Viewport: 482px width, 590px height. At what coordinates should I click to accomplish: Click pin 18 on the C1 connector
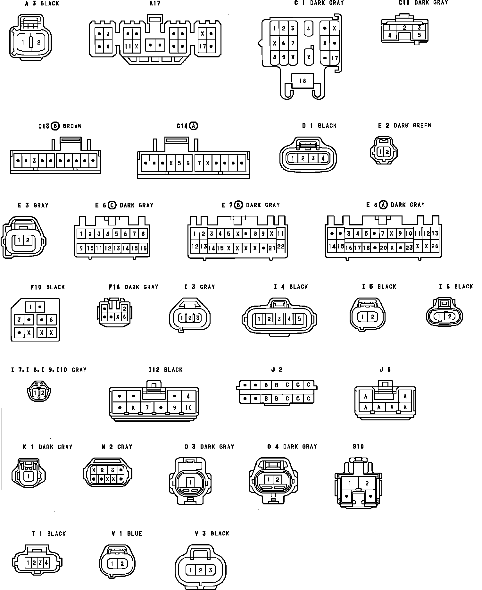[x=303, y=81]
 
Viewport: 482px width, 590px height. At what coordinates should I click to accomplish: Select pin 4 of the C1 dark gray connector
[x=308, y=29]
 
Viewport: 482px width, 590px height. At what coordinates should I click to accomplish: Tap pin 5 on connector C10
[x=419, y=35]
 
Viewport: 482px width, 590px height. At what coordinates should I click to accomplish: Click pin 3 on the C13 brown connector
[x=34, y=161]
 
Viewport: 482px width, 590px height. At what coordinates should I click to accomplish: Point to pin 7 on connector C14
[x=199, y=163]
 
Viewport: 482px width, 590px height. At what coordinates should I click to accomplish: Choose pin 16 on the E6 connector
[x=143, y=248]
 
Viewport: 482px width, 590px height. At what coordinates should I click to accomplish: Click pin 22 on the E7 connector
[x=280, y=247]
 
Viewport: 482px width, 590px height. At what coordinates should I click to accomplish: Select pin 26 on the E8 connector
[x=435, y=246]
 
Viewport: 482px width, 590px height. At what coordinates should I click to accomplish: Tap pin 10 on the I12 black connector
[x=188, y=408]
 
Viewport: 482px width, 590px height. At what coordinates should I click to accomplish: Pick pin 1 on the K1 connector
[x=29, y=476]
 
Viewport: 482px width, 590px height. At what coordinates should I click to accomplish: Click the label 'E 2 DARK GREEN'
[x=405, y=125]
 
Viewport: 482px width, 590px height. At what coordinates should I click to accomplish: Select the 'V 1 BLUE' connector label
[x=127, y=534]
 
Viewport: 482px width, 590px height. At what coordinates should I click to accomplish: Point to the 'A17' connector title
[x=155, y=4]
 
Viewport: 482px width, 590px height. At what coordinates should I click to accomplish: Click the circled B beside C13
[x=56, y=126]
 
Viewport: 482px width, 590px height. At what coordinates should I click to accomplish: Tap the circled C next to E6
[x=112, y=205]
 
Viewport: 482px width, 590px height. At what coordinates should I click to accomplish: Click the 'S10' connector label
[x=358, y=447]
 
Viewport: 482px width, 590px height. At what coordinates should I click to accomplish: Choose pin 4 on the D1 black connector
[x=323, y=158]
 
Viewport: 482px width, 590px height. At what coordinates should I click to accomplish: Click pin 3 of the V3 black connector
[x=210, y=570]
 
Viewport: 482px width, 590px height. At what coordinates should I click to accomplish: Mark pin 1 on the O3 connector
[x=190, y=482]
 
